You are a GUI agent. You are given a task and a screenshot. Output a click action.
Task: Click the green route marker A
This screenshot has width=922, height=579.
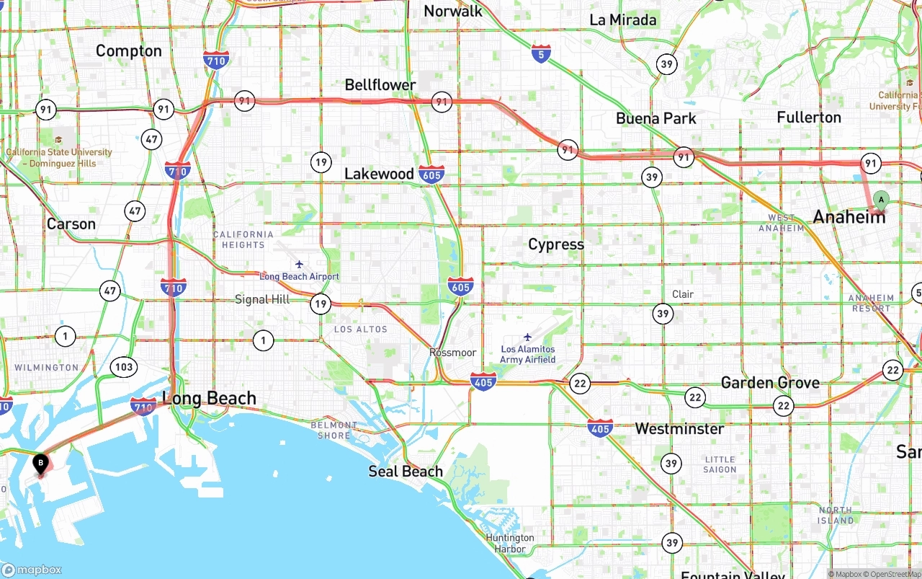point(880,200)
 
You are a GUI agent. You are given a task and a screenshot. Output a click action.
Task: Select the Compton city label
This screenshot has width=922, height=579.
point(129,50)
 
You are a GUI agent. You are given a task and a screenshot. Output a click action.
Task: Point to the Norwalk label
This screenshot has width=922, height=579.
point(453,11)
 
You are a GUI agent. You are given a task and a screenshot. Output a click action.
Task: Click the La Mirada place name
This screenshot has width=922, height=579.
point(623,20)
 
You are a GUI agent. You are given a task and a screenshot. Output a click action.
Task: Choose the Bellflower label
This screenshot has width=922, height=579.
point(380,85)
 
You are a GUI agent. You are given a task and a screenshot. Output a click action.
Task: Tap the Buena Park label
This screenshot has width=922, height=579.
point(656,118)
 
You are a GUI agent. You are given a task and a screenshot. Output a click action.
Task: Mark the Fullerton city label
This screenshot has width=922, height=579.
point(809,118)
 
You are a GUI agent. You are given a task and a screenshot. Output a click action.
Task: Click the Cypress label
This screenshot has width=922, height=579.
point(556,244)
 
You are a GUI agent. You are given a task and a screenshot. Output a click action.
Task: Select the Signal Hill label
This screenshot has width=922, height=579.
point(262,299)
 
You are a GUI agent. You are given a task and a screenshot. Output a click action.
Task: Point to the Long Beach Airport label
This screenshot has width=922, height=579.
point(299,276)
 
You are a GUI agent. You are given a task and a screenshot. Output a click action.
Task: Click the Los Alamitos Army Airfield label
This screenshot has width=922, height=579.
point(528,354)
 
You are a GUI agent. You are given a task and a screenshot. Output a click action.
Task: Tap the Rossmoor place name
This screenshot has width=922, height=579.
point(452,353)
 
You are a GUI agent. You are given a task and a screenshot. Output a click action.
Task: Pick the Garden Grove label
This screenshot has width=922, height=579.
point(770,383)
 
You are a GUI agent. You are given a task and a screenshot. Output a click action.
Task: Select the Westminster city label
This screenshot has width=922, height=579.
point(679,429)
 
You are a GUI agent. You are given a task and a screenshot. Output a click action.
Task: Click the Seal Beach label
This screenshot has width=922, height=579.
point(406,472)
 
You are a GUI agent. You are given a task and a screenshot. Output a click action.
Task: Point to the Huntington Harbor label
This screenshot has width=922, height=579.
point(510,543)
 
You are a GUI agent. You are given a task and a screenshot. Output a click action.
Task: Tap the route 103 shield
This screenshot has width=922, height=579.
point(124,367)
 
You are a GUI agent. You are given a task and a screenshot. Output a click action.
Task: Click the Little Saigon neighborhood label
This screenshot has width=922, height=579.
point(720,464)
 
